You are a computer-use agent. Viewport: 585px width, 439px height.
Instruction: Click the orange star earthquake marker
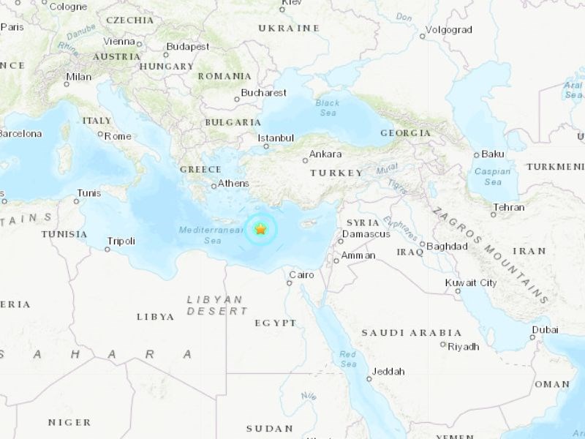260,229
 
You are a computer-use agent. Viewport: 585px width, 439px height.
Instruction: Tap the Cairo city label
301,275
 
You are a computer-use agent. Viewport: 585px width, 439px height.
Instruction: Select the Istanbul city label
276,138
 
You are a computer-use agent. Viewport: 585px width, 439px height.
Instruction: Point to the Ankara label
325,154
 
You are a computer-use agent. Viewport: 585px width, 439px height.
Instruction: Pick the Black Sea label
328,108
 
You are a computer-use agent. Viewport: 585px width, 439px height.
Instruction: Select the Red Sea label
347,359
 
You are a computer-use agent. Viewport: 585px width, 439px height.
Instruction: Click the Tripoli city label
121,240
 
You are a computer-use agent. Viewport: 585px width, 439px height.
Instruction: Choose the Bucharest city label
264,93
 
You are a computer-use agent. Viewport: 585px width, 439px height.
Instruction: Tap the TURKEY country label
336,173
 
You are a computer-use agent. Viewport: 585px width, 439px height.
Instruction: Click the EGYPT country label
276,323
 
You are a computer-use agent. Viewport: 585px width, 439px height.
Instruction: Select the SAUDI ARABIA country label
411,333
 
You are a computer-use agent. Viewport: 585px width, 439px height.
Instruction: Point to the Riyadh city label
464,347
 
